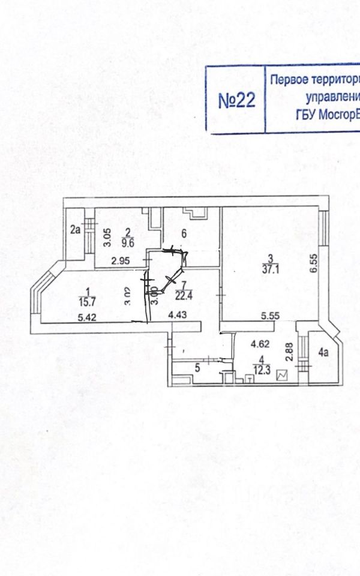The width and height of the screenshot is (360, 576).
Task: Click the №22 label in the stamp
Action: click(x=236, y=100)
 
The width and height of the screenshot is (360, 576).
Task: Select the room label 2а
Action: click(x=75, y=229)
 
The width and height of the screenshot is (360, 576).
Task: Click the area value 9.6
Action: click(x=128, y=243)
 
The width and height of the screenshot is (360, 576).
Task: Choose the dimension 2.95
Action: click(x=122, y=260)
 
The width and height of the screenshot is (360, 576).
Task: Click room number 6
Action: click(x=185, y=233)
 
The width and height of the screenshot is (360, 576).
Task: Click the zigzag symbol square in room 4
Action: click(x=283, y=376)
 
